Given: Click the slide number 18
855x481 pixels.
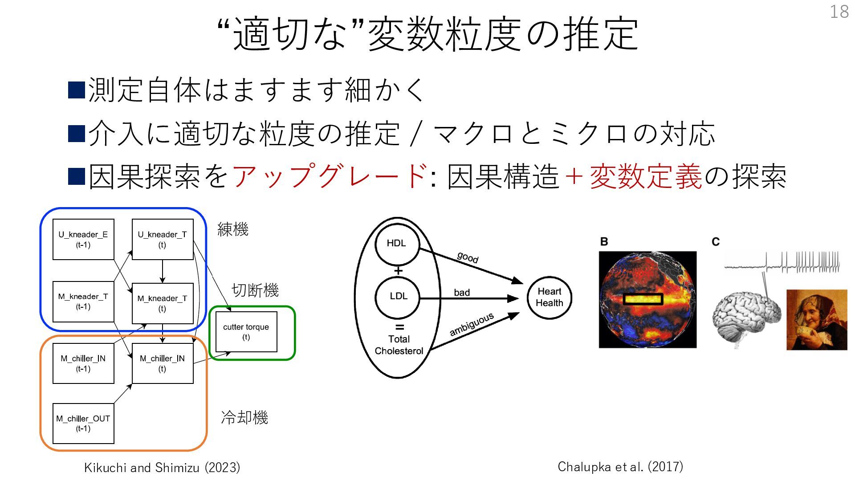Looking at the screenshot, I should pos(839,12).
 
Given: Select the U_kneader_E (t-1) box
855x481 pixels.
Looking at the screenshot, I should pos(83,239).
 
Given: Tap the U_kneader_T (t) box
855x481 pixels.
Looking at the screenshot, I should pos(163,239).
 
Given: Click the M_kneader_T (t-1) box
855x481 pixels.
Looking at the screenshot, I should pos(83,302).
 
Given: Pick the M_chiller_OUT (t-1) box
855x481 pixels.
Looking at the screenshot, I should pos(83,423).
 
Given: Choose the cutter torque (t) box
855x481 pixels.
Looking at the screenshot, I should pos(246,332).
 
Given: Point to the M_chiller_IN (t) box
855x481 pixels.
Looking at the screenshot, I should pos(163,363).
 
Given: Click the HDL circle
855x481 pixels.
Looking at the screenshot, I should pos(397,244).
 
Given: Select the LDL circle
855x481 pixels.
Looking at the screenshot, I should pos(398,297).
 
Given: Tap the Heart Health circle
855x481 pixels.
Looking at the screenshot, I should pos(549,298).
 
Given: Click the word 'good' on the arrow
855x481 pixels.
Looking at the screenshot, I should pos(468,257).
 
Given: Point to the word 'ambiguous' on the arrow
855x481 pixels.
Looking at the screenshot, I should pos(472,324).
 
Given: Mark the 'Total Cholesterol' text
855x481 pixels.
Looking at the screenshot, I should pos(399,345).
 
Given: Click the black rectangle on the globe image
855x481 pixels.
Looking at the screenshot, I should pos(643,299).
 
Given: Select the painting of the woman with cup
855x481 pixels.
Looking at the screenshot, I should pos(817,319).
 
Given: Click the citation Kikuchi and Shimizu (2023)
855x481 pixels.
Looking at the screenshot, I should pos(162,468).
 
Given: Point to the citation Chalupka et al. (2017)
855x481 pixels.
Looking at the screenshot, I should pos(620,467).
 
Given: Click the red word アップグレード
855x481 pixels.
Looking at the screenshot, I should pos(330,176).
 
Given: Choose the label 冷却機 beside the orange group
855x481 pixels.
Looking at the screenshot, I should pos(244,417).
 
